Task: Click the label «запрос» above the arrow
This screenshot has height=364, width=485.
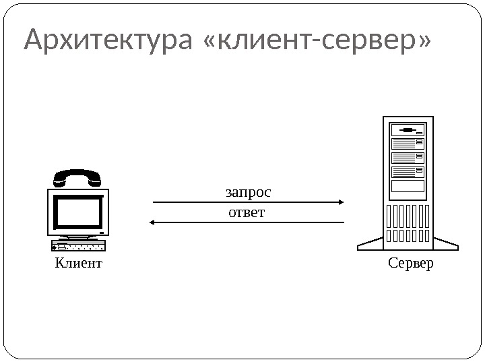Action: point(249,193)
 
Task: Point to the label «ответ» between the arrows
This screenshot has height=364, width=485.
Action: point(247,213)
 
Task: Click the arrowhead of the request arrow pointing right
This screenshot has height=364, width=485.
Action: point(342,202)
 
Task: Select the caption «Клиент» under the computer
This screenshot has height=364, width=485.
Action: point(78,263)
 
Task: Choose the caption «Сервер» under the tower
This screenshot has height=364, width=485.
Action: point(411,263)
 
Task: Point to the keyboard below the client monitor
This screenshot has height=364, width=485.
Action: point(78,245)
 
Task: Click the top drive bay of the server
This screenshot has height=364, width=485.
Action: point(408,129)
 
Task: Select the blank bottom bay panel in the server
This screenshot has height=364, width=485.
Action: point(408,186)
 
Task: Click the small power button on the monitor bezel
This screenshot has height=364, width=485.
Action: point(102,233)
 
